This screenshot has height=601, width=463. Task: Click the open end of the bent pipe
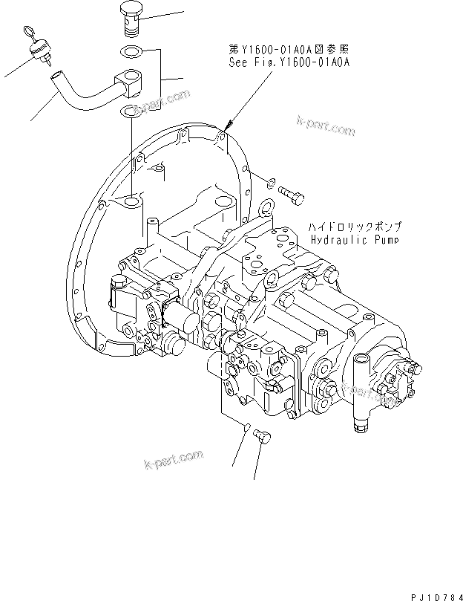(56, 75)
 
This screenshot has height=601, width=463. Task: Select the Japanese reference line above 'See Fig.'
(289, 51)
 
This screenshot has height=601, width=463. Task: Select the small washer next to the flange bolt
(271, 181)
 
